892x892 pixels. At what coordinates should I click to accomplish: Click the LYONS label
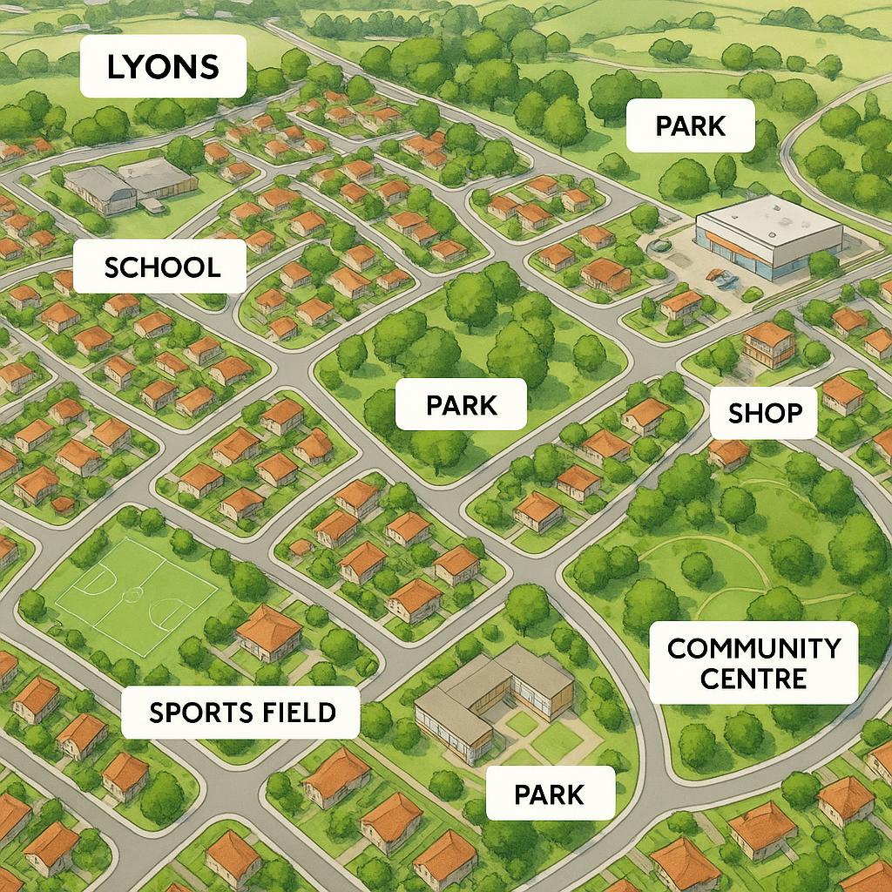click(163, 66)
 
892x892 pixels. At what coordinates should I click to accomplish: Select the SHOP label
click(763, 413)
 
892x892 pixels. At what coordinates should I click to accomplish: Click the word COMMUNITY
click(753, 649)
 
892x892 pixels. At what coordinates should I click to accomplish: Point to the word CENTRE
click(753, 678)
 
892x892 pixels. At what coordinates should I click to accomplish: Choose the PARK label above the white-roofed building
click(690, 125)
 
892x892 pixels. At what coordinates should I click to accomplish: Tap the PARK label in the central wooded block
click(461, 404)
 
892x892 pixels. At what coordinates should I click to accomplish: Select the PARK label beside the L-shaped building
click(549, 794)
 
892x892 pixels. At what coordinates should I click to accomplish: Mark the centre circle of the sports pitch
click(133, 594)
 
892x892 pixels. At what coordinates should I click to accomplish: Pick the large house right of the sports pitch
click(269, 631)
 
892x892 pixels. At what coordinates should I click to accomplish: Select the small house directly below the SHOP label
click(729, 452)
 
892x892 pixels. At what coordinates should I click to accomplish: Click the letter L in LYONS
click(114, 67)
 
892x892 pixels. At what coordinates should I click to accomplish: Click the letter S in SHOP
click(737, 413)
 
